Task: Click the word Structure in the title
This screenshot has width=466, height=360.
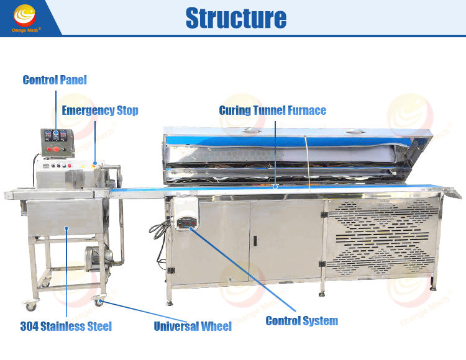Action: (236, 18)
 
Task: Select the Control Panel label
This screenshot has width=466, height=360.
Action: (55, 80)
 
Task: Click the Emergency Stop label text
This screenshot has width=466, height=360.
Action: (100, 111)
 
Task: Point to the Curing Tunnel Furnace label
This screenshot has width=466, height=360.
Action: (272, 111)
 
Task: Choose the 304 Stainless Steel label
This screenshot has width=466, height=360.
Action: (66, 326)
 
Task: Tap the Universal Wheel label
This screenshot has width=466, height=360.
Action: (193, 326)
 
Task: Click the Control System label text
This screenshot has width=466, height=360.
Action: (301, 321)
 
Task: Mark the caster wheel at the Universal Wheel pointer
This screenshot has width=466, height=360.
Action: (98, 302)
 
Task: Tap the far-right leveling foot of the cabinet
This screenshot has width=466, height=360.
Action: (433, 286)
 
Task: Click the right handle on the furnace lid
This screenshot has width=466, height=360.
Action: (355, 132)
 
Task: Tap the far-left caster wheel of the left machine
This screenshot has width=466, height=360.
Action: (30, 305)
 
